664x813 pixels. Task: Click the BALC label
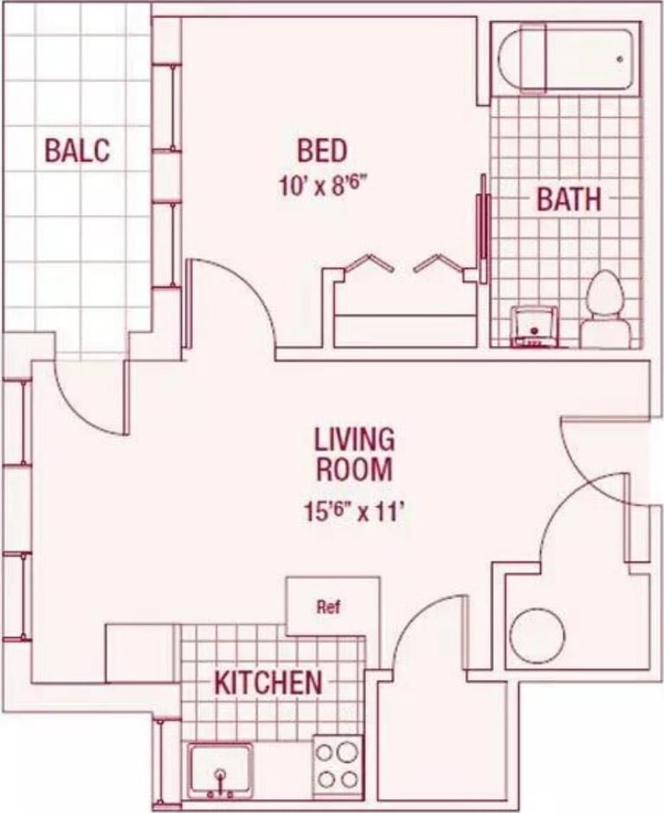[x=77, y=150]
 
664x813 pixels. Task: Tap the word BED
[x=322, y=150]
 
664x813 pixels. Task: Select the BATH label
[x=568, y=199]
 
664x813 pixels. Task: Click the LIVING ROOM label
[x=354, y=453]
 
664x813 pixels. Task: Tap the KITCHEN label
[x=268, y=682]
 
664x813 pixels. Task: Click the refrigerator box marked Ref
[x=332, y=606]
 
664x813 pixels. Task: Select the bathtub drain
[x=620, y=59]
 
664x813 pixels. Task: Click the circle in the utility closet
[x=537, y=637]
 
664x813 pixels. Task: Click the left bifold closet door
[x=364, y=263]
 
